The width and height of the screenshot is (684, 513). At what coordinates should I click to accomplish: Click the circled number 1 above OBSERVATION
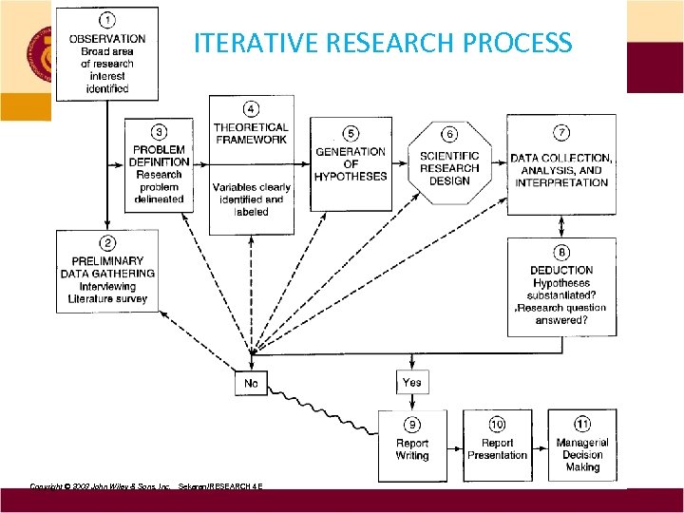[x=107, y=20]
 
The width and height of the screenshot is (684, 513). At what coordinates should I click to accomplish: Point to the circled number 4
[x=251, y=107]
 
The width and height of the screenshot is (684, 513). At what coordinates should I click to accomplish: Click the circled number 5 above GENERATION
[x=351, y=132]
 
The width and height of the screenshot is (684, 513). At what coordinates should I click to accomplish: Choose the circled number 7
[x=560, y=130]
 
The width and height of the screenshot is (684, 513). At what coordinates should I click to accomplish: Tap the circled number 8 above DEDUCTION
[x=561, y=253]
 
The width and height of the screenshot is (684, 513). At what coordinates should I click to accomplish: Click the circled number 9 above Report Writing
[x=411, y=424]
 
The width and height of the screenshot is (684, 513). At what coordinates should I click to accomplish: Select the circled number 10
[x=496, y=424]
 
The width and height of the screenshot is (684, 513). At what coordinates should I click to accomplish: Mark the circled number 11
[x=581, y=424]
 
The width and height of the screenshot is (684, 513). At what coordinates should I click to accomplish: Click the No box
[x=252, y=383]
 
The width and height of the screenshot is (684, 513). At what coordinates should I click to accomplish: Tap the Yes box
[x=411, y=382]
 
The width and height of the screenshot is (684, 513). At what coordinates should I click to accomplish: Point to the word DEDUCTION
[x=561, y=270]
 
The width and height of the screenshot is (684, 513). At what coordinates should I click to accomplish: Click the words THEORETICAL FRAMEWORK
[x=251, y=133]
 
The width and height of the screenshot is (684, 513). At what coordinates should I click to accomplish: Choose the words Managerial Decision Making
[x=581, y=455]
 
